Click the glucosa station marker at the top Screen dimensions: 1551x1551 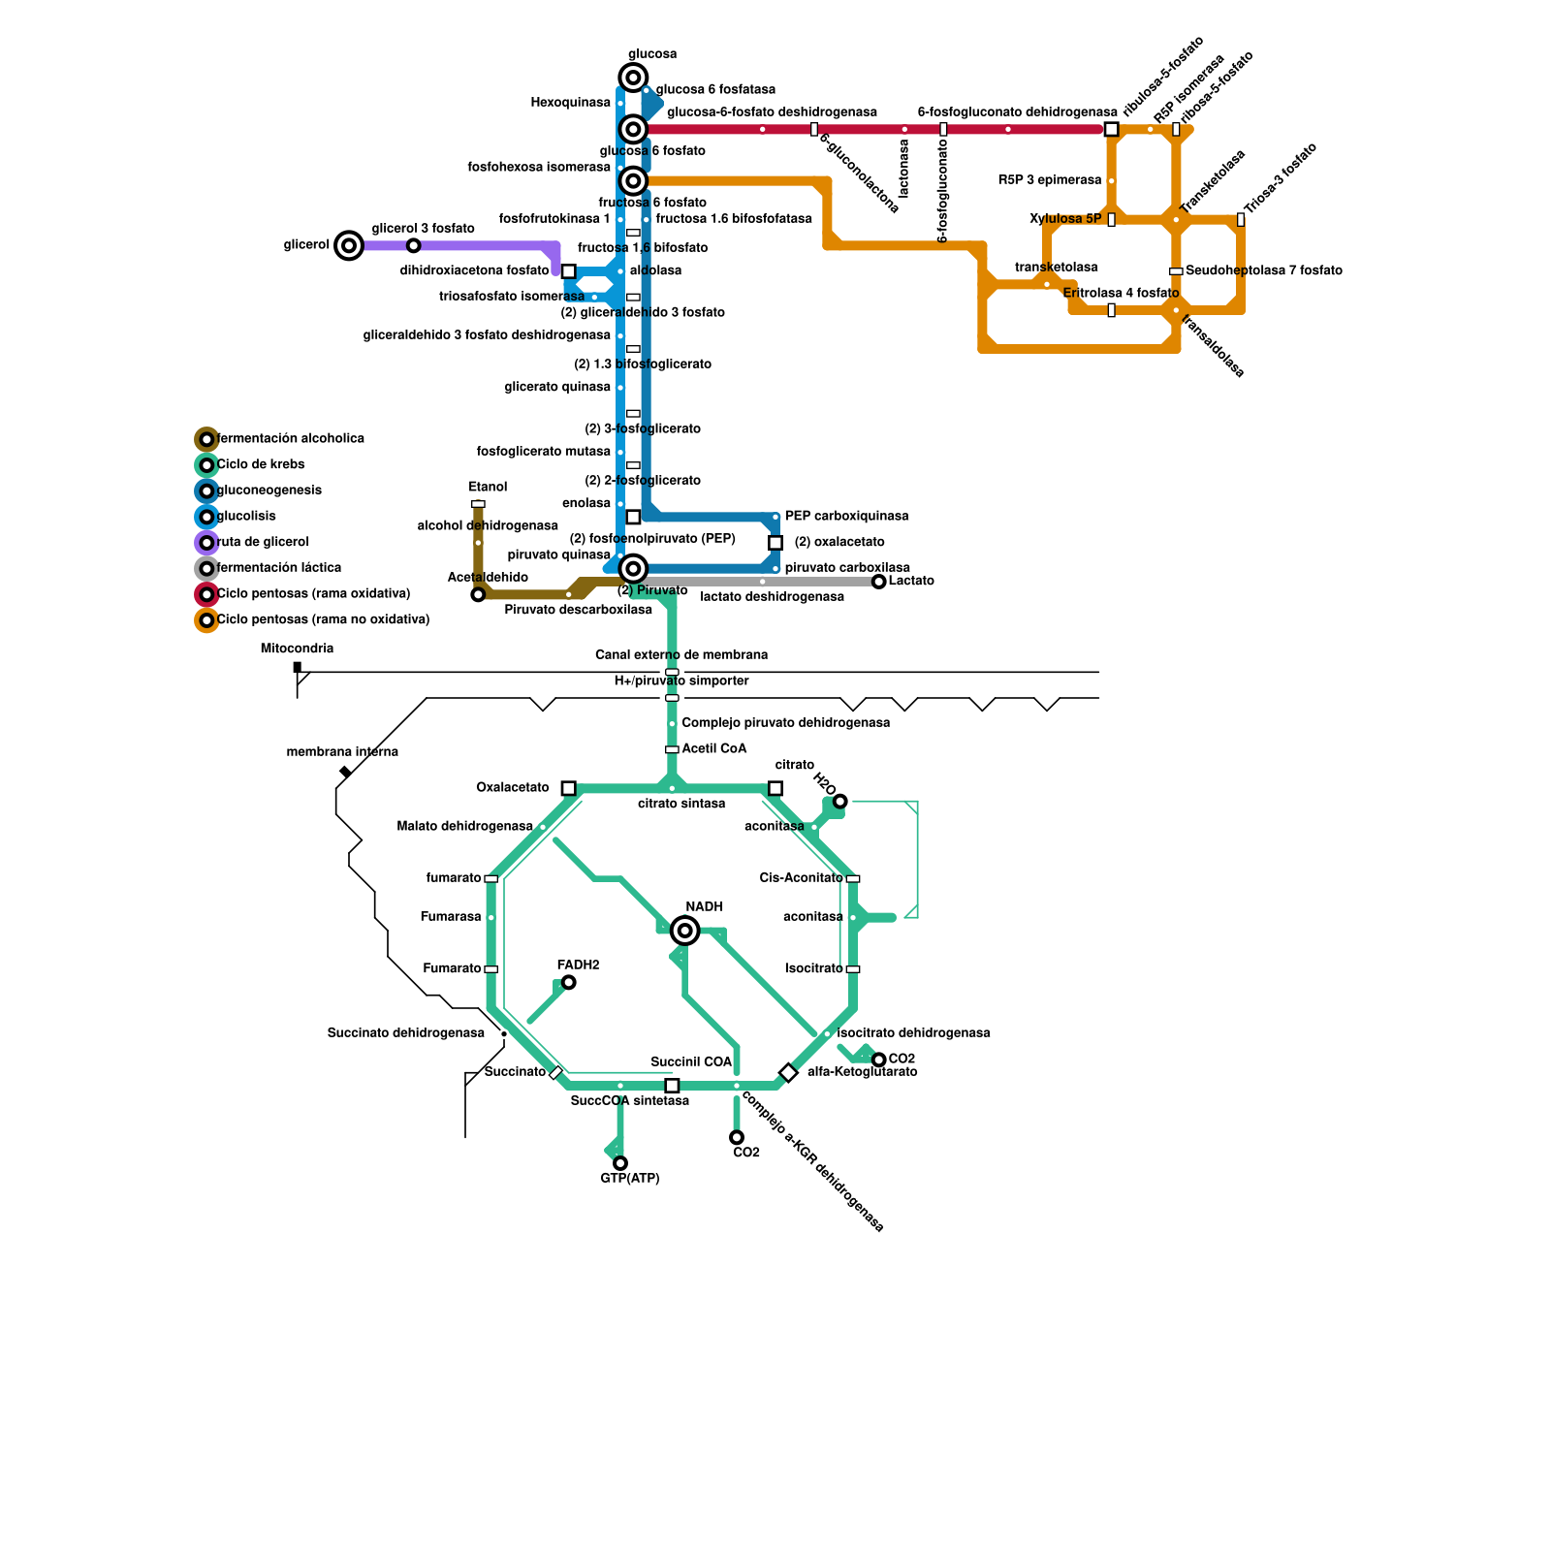[633, 78]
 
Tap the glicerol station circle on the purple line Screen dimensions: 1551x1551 [349, 245]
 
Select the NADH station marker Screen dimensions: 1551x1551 [685, 931]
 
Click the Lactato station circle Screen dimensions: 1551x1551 [879, 582]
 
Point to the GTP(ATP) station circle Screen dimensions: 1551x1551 [620, 1163]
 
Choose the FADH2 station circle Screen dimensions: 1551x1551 [569, 982]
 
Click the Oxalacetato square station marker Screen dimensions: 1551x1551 [569, 788]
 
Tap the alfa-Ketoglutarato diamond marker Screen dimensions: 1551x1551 [788, 1073]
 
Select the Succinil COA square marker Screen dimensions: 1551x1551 [672, 1086]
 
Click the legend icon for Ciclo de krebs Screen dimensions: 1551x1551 [206, 465]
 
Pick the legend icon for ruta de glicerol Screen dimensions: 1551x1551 [206, 543]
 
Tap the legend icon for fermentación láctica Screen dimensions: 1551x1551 [206, 568]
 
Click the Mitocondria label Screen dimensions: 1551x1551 [297, 649]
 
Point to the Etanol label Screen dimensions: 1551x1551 [488, 487]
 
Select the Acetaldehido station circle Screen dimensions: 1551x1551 [478, 594]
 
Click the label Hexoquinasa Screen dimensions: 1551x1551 [570, 103]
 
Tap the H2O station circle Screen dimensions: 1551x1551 [840, 801]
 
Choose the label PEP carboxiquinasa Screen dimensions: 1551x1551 [846, 516]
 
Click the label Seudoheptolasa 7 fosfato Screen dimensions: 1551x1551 [1263, 270]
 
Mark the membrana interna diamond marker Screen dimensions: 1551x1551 [344, 772]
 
